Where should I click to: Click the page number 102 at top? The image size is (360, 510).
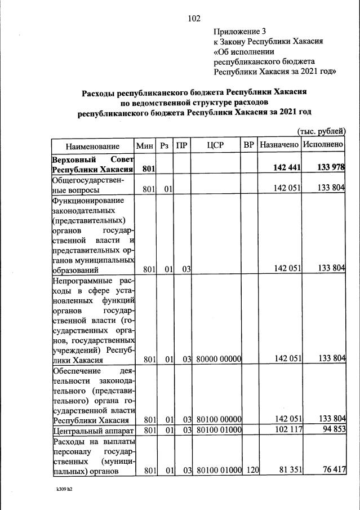(x=194, y=19)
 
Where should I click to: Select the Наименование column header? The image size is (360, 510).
(x=92, y=145)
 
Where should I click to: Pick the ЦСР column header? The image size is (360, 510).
(x=216, y=145)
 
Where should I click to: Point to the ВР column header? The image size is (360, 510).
(x=248, y=145)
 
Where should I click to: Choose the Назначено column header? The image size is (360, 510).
(x=279, y=145)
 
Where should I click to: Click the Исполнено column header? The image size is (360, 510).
(x=323, y=145)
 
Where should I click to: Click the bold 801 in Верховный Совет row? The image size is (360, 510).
(x=149, y=168)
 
